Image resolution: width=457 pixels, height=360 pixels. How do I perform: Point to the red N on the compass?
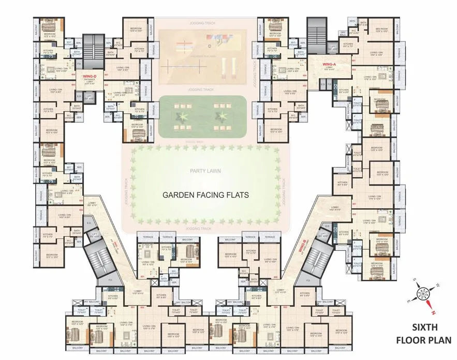click(x=433, y=312)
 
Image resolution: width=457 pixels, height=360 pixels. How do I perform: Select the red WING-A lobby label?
click(x=330, y=64)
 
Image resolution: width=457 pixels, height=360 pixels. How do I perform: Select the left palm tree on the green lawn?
click(x=182, y=114)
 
